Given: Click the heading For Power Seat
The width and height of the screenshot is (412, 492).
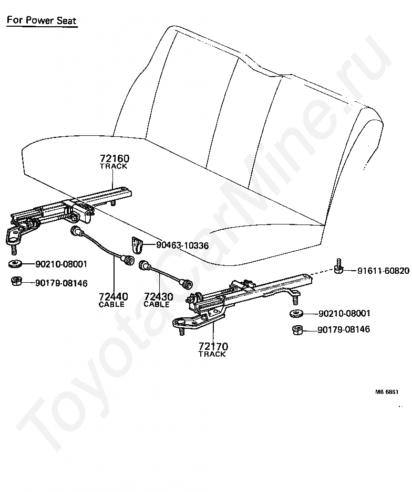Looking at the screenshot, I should pos(42,22).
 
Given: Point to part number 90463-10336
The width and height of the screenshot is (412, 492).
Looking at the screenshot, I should pos(182,245).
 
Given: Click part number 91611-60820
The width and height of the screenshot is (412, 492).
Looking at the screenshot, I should pos(383,271).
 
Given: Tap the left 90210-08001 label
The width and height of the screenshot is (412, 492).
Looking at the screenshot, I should pos(61,264).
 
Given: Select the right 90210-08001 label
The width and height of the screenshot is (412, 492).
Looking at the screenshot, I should pos(344,314).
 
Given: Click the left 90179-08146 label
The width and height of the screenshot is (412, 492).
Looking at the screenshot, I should pos(61,283).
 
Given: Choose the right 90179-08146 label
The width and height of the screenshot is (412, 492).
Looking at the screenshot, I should pos(344,330).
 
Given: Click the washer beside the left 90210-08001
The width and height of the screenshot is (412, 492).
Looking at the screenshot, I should pos(16,264).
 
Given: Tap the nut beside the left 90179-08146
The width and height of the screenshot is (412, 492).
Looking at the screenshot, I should pos(16,282).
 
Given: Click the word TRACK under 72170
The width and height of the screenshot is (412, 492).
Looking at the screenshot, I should pos(212,355).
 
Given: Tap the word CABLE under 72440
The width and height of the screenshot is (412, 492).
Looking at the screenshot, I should pos(111,305).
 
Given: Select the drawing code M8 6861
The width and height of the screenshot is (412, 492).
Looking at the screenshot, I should pos(387,392).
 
